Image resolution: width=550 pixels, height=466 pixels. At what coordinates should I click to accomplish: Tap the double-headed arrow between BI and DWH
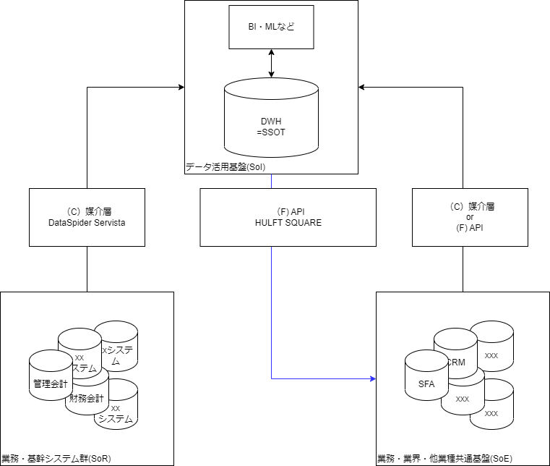(x=271, y=64)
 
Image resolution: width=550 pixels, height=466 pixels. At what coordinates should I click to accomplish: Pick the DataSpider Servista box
(x=87, y=217)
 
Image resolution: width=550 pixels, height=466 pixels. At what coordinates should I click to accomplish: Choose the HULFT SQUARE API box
(x=288, y=217)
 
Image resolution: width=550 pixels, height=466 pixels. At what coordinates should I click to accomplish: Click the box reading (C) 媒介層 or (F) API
(x=470, y=217)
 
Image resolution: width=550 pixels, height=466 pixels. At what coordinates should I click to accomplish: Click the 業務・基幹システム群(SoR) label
(x=56, y=459)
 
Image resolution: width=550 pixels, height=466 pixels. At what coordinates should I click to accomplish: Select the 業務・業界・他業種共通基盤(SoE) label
(x=444, y=459)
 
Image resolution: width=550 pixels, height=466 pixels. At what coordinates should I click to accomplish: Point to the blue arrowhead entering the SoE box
(x=373, y=378)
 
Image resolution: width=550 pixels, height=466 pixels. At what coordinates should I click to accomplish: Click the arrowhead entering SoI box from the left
(x=180, y=88)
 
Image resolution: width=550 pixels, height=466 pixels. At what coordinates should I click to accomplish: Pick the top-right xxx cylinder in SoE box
(x=492, y=355)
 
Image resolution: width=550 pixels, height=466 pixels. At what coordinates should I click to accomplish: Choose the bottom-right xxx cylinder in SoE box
(x=492, y=413)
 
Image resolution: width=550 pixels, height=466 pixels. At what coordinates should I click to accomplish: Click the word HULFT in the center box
(x=268, y=223)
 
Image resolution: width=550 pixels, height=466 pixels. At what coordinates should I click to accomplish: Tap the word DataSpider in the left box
(x=69, y=223)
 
